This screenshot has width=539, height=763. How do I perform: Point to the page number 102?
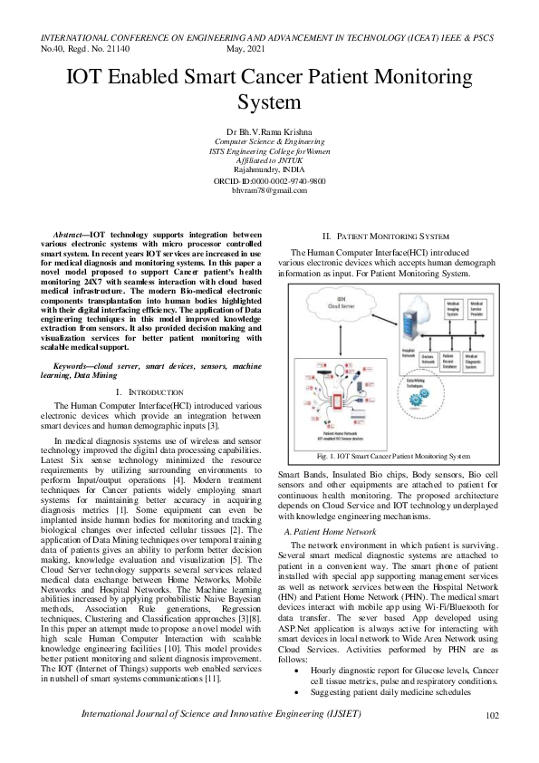coord(493,740)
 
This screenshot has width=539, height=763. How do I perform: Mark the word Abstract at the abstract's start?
coord(71,235)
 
